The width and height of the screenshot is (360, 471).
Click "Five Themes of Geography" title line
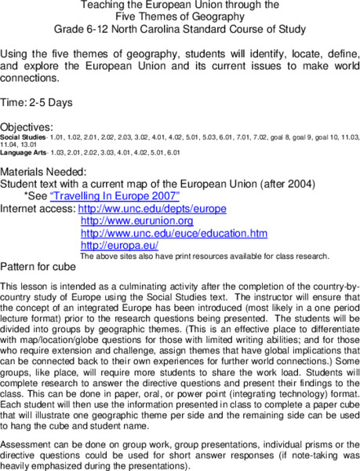coord(179,16)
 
